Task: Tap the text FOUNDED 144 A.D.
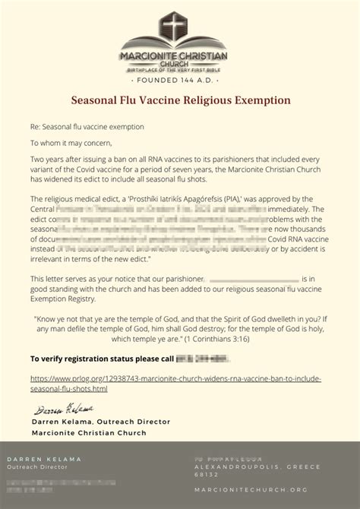[180, 80]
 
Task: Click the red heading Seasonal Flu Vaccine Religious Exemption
[180, 100]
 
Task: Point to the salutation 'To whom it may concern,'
[71, 142]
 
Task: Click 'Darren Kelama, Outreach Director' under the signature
[101, 421]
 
